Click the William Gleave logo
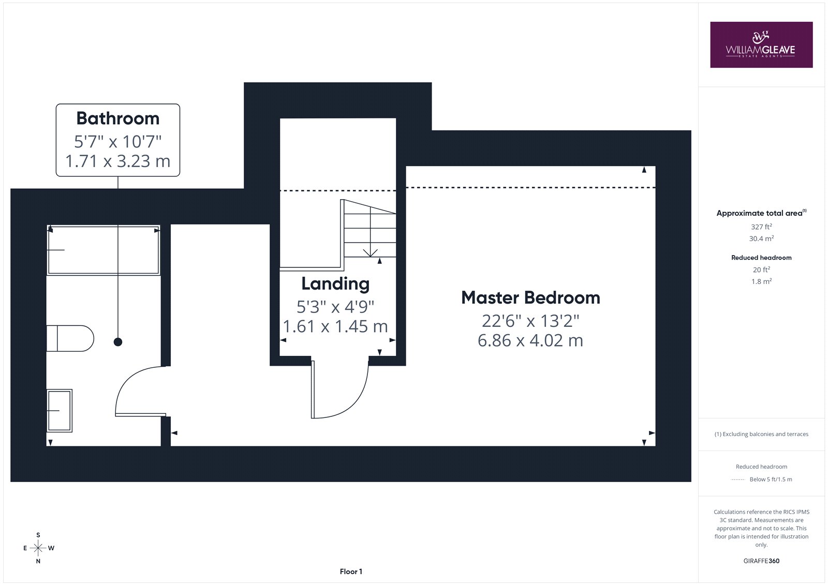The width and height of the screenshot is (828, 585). pos(761,44)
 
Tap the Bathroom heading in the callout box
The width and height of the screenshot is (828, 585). pos(118,118)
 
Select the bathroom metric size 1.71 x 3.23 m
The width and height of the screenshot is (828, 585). pos(118,161)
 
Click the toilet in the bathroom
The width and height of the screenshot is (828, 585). pos(70,338)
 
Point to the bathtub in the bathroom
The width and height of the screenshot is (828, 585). pos(103,250)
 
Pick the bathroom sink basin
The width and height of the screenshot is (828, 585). pos(59,410)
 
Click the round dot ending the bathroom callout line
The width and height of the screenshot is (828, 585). pos(118,342)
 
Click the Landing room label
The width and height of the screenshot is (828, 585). pos(335,284)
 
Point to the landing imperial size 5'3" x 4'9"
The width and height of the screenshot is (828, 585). pos(335,307)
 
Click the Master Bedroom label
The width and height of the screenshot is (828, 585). pos(530,297)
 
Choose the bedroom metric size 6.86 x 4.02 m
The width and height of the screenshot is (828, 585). pos(530,340)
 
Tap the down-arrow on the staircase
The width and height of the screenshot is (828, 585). pos(370,253)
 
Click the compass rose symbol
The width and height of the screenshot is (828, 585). pos(38,548)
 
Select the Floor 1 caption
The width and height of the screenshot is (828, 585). pos(351,572)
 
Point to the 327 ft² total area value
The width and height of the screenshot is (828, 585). pos(761,227)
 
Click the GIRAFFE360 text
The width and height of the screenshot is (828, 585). pos(761,561)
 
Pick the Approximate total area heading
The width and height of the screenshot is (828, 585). pos(761,213)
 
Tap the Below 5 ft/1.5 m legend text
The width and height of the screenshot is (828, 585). pos(771,479)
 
